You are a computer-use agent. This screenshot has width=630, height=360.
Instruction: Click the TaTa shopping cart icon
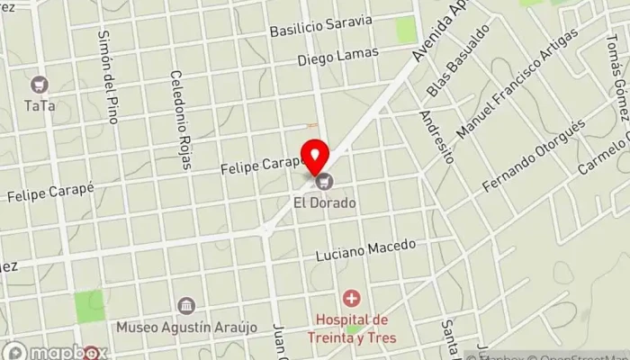(x=39, y=85)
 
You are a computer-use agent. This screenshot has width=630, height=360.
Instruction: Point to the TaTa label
(x=39, y=105)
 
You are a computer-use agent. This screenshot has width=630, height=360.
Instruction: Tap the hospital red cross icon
(x=351, y=297)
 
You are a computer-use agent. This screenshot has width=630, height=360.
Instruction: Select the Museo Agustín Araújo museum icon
(x=186, y=305)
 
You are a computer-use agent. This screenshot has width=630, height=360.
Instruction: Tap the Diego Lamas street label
(x=338, y=58)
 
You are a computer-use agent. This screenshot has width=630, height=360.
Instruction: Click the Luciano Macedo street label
(x=365, y=249)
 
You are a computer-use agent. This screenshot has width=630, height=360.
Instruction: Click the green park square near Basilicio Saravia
(x=407, y=29)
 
